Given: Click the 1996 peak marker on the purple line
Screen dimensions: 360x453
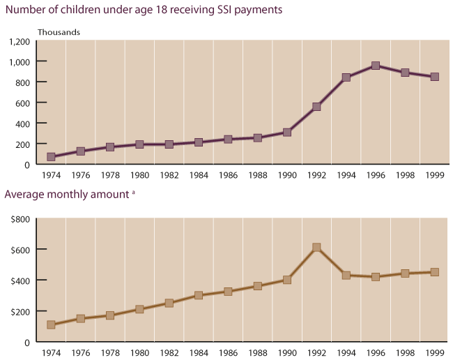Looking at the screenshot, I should coord(376,66).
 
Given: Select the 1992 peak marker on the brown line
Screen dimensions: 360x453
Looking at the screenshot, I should coord(316,247).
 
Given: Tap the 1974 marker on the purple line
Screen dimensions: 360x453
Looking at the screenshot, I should coord(51,157).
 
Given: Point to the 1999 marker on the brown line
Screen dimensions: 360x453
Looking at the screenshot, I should coord(434,272).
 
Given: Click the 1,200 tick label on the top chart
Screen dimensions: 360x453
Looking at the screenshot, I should coord(20,41).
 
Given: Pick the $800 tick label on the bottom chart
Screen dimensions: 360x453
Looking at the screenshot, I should coord(19,219).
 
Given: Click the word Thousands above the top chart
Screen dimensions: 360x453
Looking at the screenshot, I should coord(59,32).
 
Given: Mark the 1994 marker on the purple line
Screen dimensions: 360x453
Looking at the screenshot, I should coord(346,77).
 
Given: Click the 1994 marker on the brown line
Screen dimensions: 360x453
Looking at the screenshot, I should coord(346,275).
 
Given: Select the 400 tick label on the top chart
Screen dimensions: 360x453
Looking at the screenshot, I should coord(22,123).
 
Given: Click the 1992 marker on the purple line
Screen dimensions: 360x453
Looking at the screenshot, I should coord(316,107).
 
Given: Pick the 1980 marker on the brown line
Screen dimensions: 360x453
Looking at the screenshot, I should coord(139,309).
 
